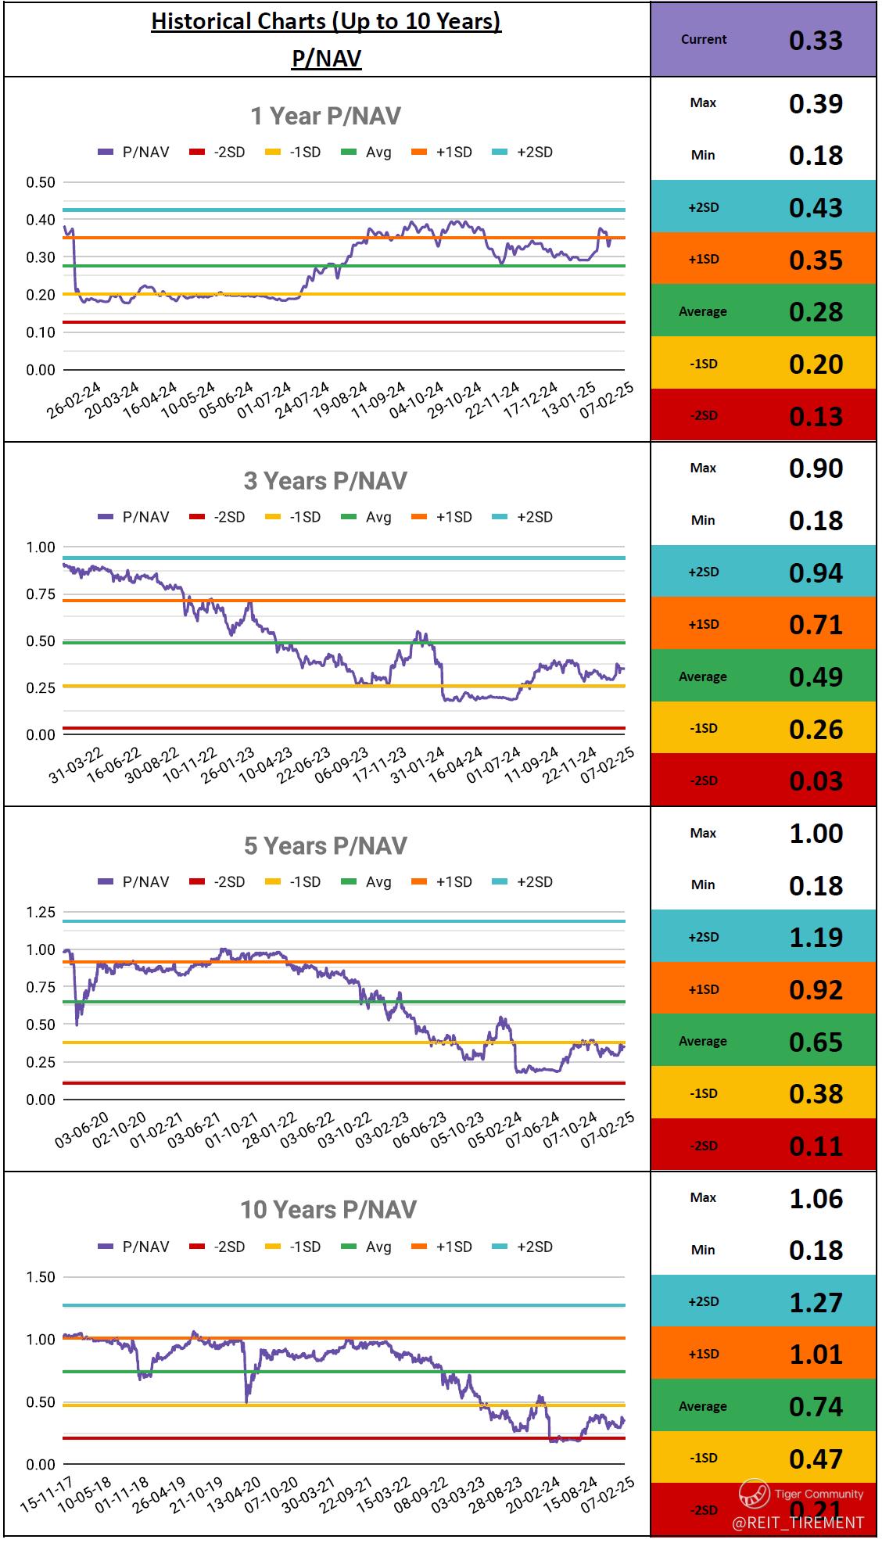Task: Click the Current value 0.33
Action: coord(816,40)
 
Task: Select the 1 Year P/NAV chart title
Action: coord(325,117)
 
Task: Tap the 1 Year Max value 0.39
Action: coord(816,104)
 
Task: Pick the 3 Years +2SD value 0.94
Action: coord(816,572)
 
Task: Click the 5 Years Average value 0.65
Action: coord(816,1042)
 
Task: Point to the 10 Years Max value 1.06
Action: coord(816,1199)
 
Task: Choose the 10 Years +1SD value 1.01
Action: coord(816,1355)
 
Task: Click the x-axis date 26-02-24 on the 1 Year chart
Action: coord(74,400)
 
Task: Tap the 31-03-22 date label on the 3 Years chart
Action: coord(76,765)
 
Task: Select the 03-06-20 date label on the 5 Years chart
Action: coord(82,1130)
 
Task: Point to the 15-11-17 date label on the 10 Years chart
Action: coord(47,1495)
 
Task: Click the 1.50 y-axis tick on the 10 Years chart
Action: coord(41,1277)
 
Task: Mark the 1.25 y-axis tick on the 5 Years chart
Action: coord(41,912)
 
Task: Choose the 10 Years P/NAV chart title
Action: coord(328,1210)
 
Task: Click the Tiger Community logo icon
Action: coord(754,1495)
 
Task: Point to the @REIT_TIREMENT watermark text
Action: coord(798,1522)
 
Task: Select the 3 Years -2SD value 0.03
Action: coord(816,781)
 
